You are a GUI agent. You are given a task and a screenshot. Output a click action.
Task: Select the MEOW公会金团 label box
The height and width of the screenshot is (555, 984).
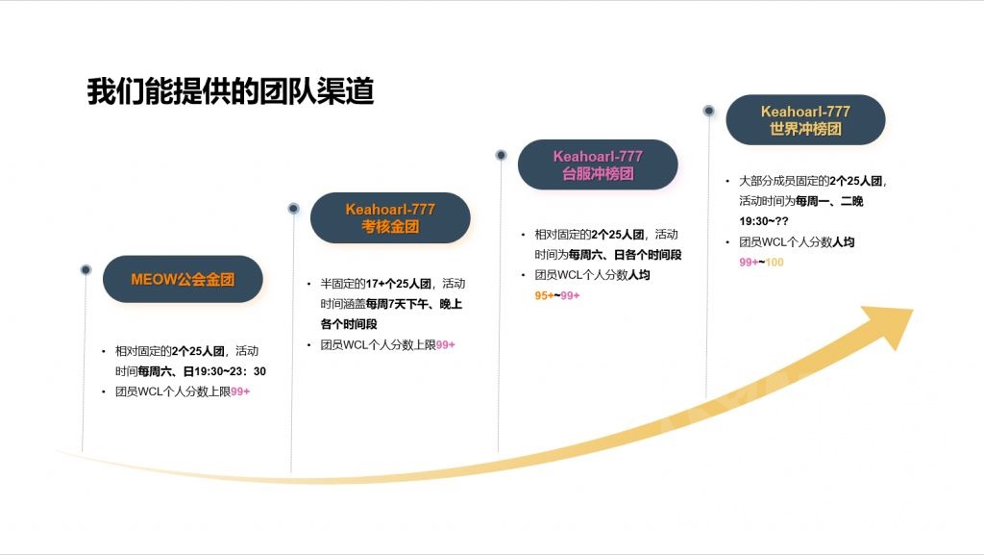pyautogui.click(x=183, y=279)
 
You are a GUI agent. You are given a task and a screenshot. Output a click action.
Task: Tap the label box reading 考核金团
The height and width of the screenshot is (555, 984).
pyautogui.click(x=390, y=217)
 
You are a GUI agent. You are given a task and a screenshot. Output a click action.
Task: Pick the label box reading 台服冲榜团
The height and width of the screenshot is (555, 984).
pyautogui.click(x=598, y=164)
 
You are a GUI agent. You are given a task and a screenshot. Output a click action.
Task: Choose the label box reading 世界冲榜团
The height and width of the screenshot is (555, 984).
pyautogui.click(x=805, y=119)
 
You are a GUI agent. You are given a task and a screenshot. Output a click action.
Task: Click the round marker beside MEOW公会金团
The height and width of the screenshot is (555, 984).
pyautogui.click(x=86, y=269)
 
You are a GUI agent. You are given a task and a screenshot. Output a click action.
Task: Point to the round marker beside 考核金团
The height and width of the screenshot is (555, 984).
pyautogui.click(x=293, y=208)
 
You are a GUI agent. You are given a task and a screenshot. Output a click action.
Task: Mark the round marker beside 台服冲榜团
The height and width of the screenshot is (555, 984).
pyautogui.click(x=501, y=155)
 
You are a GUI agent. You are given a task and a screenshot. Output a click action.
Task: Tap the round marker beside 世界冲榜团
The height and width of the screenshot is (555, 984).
pyautogui.click(x=708, y=111)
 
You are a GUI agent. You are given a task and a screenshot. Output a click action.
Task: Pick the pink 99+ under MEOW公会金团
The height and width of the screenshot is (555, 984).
pyautogui.click(x=240, y=391)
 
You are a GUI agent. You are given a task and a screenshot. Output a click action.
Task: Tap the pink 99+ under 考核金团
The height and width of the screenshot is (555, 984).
pyautogui.click(x=446, y=344)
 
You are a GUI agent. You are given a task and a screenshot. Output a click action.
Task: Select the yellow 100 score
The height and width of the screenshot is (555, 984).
pyautogui.click(x=775, y=263)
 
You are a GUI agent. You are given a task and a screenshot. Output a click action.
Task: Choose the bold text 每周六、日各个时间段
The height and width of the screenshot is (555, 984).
pyautogui.click(x=625, y=255)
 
